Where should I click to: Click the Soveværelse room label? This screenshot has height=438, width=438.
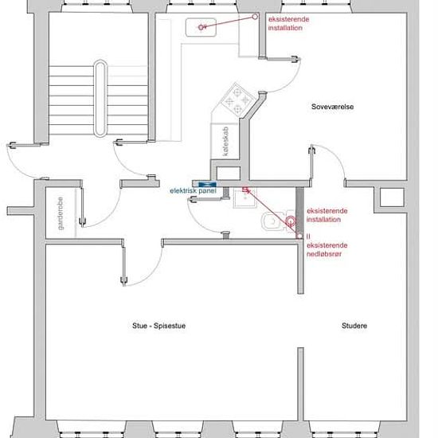tap(332, 107)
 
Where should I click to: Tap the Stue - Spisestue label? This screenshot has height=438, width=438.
tap(159, 326)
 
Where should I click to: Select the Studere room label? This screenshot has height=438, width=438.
tap(354, 326)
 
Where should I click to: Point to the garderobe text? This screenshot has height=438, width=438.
tap(61, 213)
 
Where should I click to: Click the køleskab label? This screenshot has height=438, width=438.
tap(225, 141)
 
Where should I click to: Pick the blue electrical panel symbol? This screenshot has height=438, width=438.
tap(207, 185)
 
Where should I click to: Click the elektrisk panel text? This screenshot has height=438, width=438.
tap(193, 191)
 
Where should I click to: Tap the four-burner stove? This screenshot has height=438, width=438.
tap(237, 100)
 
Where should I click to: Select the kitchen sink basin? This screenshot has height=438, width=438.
tap(201, 27)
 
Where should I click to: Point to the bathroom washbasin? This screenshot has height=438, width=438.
tap(245, 197)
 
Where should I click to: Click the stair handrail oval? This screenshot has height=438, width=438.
tap(100, 98)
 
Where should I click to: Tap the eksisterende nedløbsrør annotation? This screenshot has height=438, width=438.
tap(327, 250)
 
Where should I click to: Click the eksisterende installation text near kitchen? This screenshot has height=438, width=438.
tap(288, 24)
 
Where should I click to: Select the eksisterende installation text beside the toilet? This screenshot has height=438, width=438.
tap(327, 215)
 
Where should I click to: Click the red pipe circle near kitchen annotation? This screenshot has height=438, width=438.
tap(255, 17)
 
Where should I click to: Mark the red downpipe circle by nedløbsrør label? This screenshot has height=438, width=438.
tap(299, 236)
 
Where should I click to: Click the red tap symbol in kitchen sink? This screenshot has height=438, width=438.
tap(201, 27)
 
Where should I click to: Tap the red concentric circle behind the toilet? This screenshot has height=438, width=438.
tap(291, 221)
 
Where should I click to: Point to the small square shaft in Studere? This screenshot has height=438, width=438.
tap(392, 197)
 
